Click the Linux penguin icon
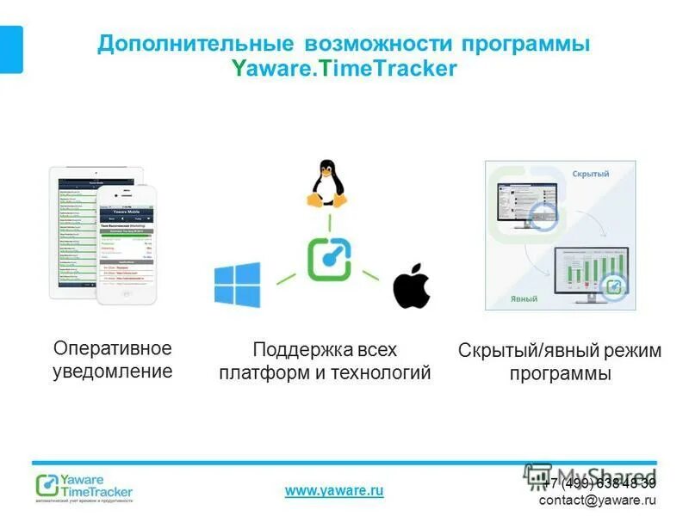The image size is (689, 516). click(326, 182)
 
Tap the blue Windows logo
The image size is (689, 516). click(237, 285)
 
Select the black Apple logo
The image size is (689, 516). click(412, 286)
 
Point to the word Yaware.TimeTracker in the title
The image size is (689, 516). click(344, 70)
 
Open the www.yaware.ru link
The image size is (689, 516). click(334, 490)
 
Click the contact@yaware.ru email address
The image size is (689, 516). click(598, 500)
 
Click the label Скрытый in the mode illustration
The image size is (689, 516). click(590, 175)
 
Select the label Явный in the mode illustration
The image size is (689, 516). click(524, 299)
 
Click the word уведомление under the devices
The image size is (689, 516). click(113, 372)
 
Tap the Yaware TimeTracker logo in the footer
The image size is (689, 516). click(84, 486)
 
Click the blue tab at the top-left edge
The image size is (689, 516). click(11, 49)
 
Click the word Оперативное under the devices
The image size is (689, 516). click(113, 348)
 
